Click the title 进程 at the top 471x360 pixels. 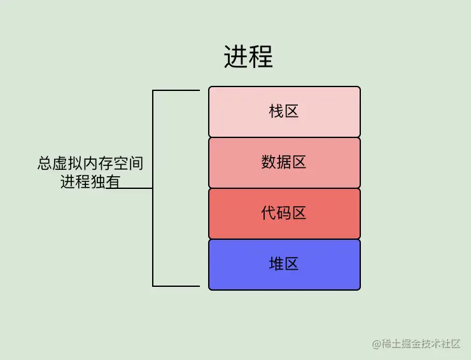click(x=248, y=57)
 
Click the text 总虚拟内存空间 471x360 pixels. click(x=90, y=163)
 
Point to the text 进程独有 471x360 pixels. click(x=90, y=181)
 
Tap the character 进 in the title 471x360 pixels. click(x=236, y=57)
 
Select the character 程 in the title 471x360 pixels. click(x=261, y=57)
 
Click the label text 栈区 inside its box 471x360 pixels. click(x=284, y=112)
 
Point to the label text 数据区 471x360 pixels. click(x=284, y=163)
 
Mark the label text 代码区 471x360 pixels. click(x=284, y=213)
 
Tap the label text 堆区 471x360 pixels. click(x=284, y=264)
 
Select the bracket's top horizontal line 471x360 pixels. click(x=176, y=90)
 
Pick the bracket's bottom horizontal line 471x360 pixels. click(x=176, y=286)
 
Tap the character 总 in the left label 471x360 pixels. click(x=45, y=163)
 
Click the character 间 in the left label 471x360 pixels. click(x=136, y=163)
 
